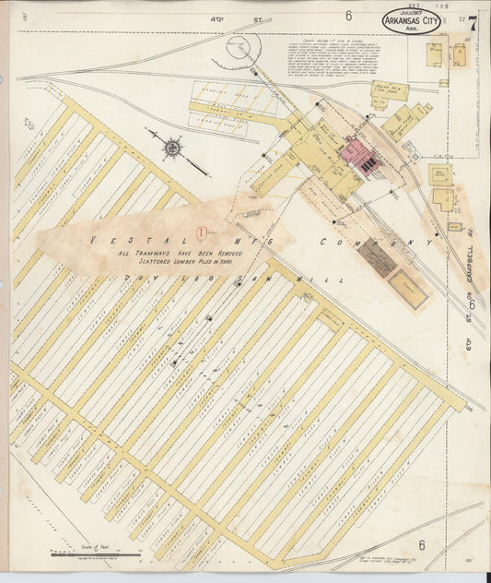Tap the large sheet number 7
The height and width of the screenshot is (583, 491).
472,24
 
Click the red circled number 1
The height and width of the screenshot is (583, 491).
202,219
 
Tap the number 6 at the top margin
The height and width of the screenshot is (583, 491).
349,16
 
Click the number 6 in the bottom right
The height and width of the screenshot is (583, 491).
422,544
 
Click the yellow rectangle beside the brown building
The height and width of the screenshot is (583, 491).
408,288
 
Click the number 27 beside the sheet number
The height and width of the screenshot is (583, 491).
459,16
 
